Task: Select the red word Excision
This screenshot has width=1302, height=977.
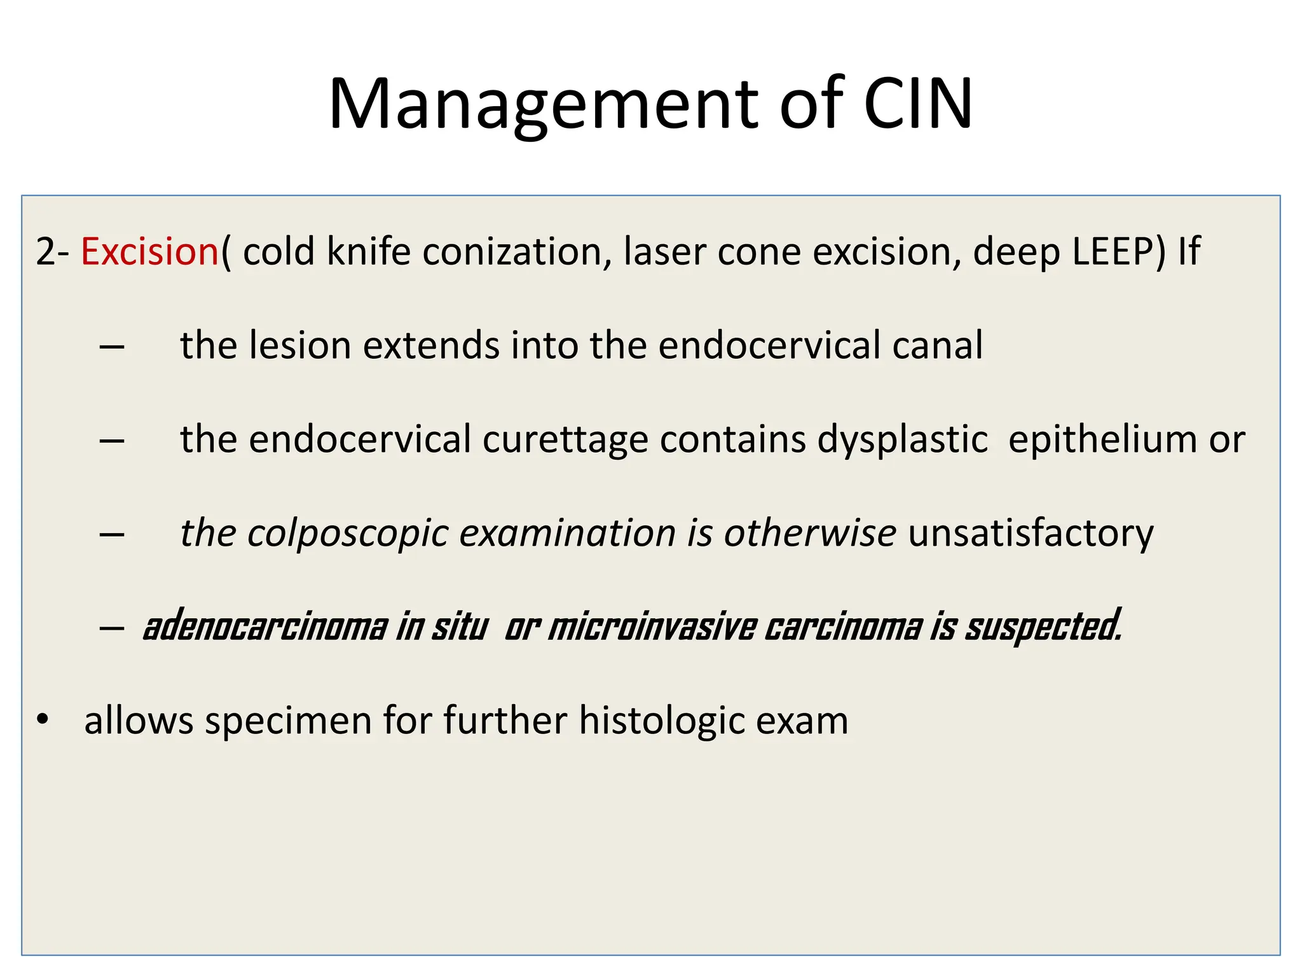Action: [149, 251]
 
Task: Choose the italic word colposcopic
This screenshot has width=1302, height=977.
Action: [348, 533]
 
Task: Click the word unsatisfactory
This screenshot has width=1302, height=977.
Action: [1030, 533]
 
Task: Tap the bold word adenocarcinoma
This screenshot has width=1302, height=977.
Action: [265, 627]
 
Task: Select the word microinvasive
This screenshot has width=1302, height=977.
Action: [652, 627]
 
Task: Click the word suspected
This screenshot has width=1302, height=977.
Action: [1043, 627]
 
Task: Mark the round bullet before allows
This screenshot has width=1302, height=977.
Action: [43, 720]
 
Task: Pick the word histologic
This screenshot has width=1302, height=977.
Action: [661, 721]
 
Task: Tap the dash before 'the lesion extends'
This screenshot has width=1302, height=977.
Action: [112, 347]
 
